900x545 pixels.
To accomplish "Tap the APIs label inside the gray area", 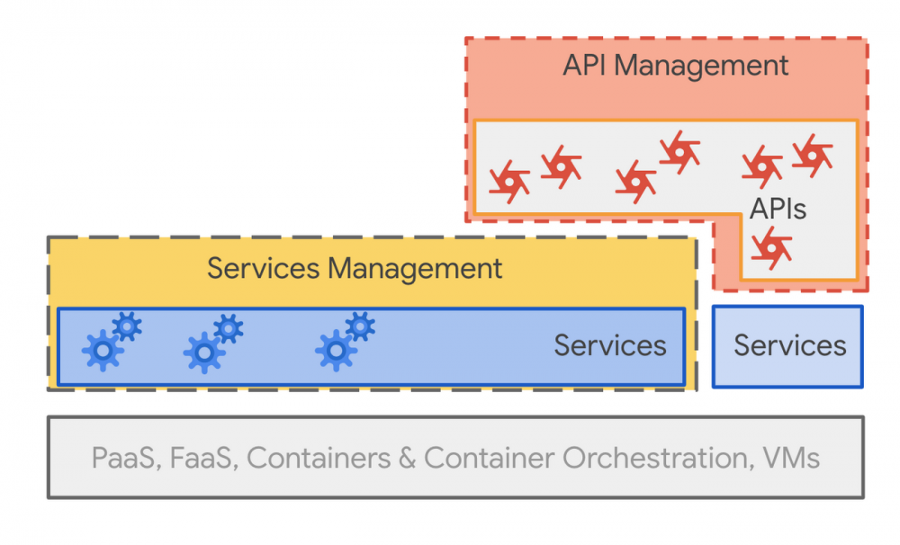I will click(x=778, y=210).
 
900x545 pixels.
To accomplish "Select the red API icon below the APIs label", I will click(x=771, y=247).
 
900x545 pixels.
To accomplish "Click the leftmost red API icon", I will click(x=509, y=182).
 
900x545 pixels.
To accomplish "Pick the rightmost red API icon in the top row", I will click(x=812, y=156).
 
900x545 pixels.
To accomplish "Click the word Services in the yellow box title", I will click(x=263, y=268).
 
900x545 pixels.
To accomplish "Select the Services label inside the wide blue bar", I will click(x=609, y=345).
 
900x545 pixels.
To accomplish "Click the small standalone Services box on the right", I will click(x=787, y=346).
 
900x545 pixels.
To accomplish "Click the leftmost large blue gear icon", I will click(x=103, y=350).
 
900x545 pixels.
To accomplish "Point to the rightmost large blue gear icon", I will click(x=336, y=350).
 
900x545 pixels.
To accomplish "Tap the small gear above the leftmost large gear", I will click(x=127, y=326).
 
